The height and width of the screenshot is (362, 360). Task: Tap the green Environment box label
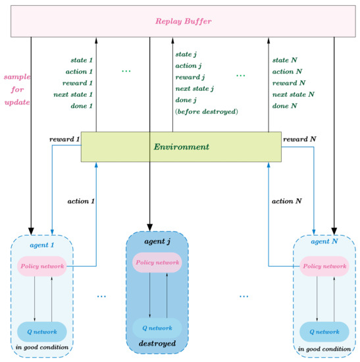[181, 146]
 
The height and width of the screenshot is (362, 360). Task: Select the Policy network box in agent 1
[42, 266]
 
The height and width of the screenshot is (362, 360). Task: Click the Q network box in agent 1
[42, 330]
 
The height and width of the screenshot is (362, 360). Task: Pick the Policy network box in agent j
[157, 262]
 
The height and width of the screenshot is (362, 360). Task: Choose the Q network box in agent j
[157, 327]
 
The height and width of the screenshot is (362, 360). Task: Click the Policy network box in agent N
[324, 266]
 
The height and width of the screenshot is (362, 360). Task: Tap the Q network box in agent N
[324, 330]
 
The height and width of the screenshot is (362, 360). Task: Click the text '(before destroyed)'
[206, 112]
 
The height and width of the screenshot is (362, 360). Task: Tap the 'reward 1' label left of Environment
[64, 140]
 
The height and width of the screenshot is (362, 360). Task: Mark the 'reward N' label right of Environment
[299, 140]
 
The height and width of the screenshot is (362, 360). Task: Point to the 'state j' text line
[189, 54]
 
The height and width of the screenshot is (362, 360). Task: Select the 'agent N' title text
[324, 242]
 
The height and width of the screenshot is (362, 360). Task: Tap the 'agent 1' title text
[42, 245]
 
